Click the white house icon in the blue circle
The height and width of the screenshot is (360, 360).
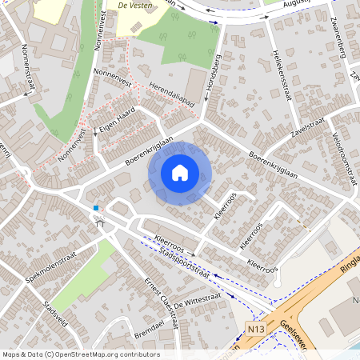(180, 172)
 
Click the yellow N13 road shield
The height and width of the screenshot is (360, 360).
(255, 329)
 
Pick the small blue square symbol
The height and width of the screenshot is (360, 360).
(96, 209)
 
